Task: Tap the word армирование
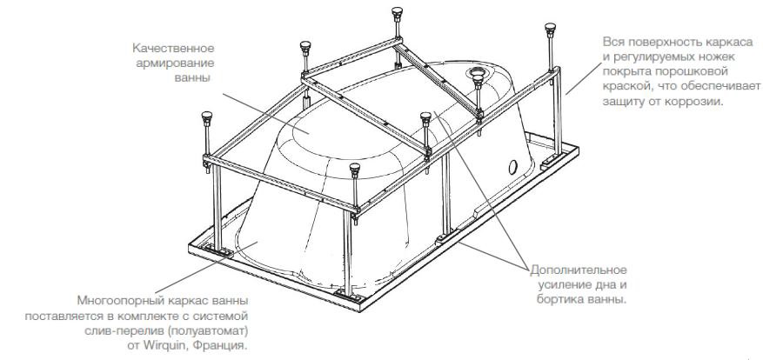(182, 63)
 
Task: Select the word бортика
(551, 299)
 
